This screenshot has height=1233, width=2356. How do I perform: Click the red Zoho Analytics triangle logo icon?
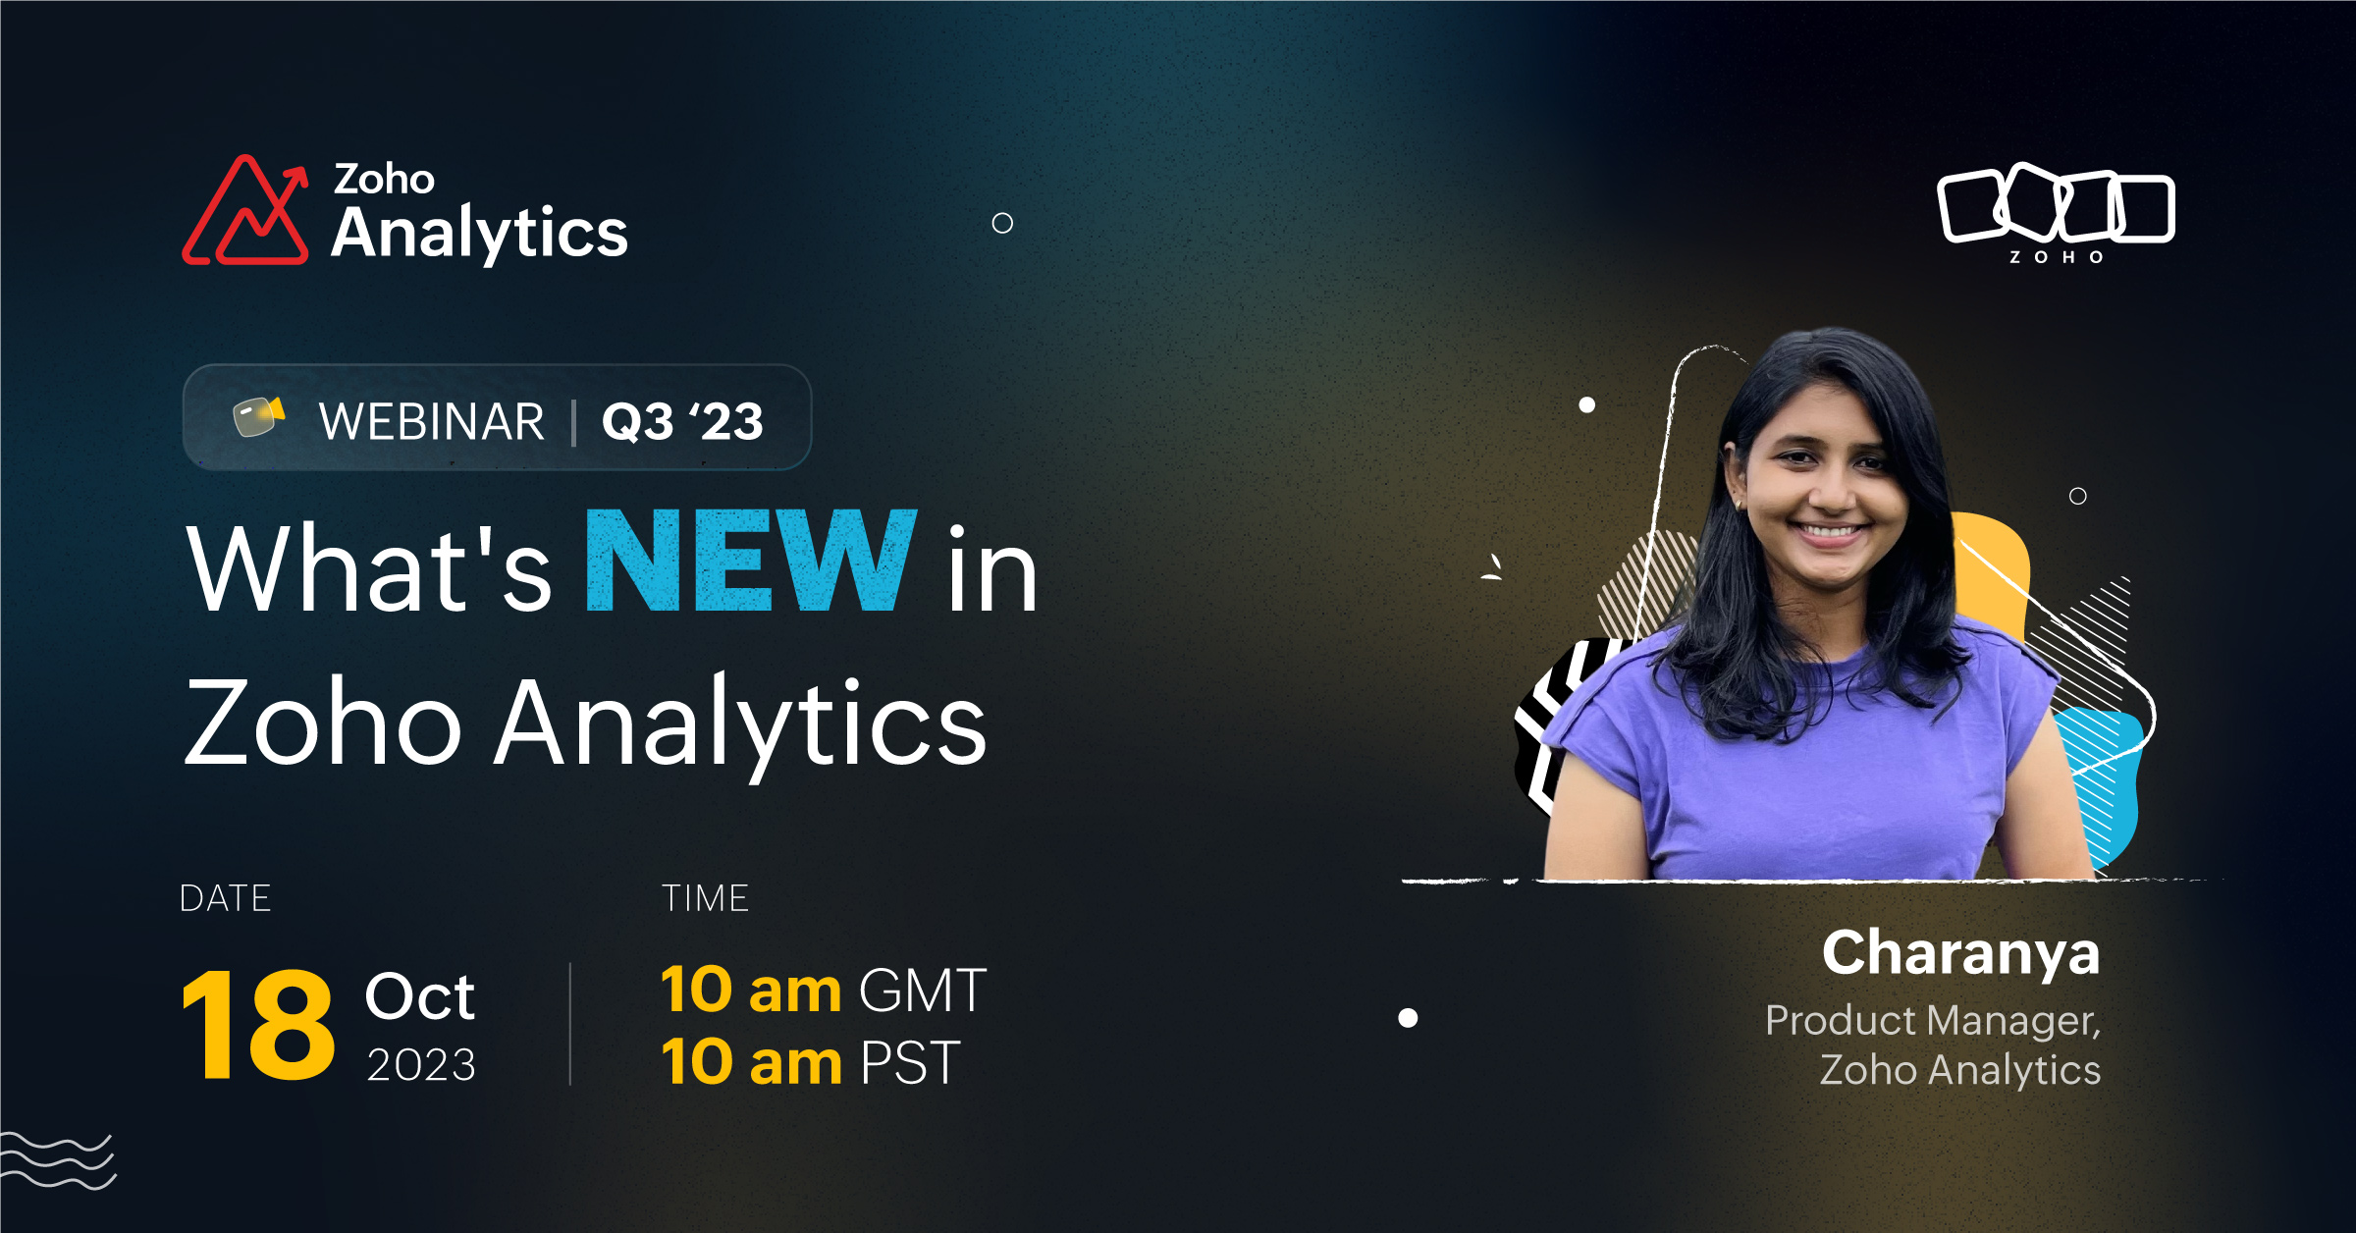click(245, 211)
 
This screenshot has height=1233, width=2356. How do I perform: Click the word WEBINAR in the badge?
click(431, 422)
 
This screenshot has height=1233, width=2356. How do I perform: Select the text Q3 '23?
click(682, 422)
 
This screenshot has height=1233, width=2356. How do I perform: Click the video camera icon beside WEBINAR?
click(258, 416)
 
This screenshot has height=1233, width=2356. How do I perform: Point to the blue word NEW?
click(751, 561)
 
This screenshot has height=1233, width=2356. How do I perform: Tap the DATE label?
click(225, 898)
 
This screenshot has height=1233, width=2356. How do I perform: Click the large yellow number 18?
click(259, 1025)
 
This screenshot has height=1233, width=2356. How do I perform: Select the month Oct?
click(420, 996)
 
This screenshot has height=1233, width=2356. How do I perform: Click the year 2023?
click(421, 1065)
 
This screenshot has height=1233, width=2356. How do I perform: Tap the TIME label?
click(705, 898)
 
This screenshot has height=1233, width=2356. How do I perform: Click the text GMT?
click(923, 990)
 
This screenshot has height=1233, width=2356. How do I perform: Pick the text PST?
click(910, 1062)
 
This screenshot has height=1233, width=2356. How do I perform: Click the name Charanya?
click(1961, 954)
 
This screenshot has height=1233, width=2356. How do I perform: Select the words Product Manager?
click(1933, 1021)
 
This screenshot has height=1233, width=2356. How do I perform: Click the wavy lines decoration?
click(58, 1160)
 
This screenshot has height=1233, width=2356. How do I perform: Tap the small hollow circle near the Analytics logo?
click(1002, 223)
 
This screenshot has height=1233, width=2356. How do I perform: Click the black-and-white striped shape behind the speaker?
click(1561, 722)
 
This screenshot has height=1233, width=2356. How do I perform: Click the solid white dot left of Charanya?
click(1408, 1018)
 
